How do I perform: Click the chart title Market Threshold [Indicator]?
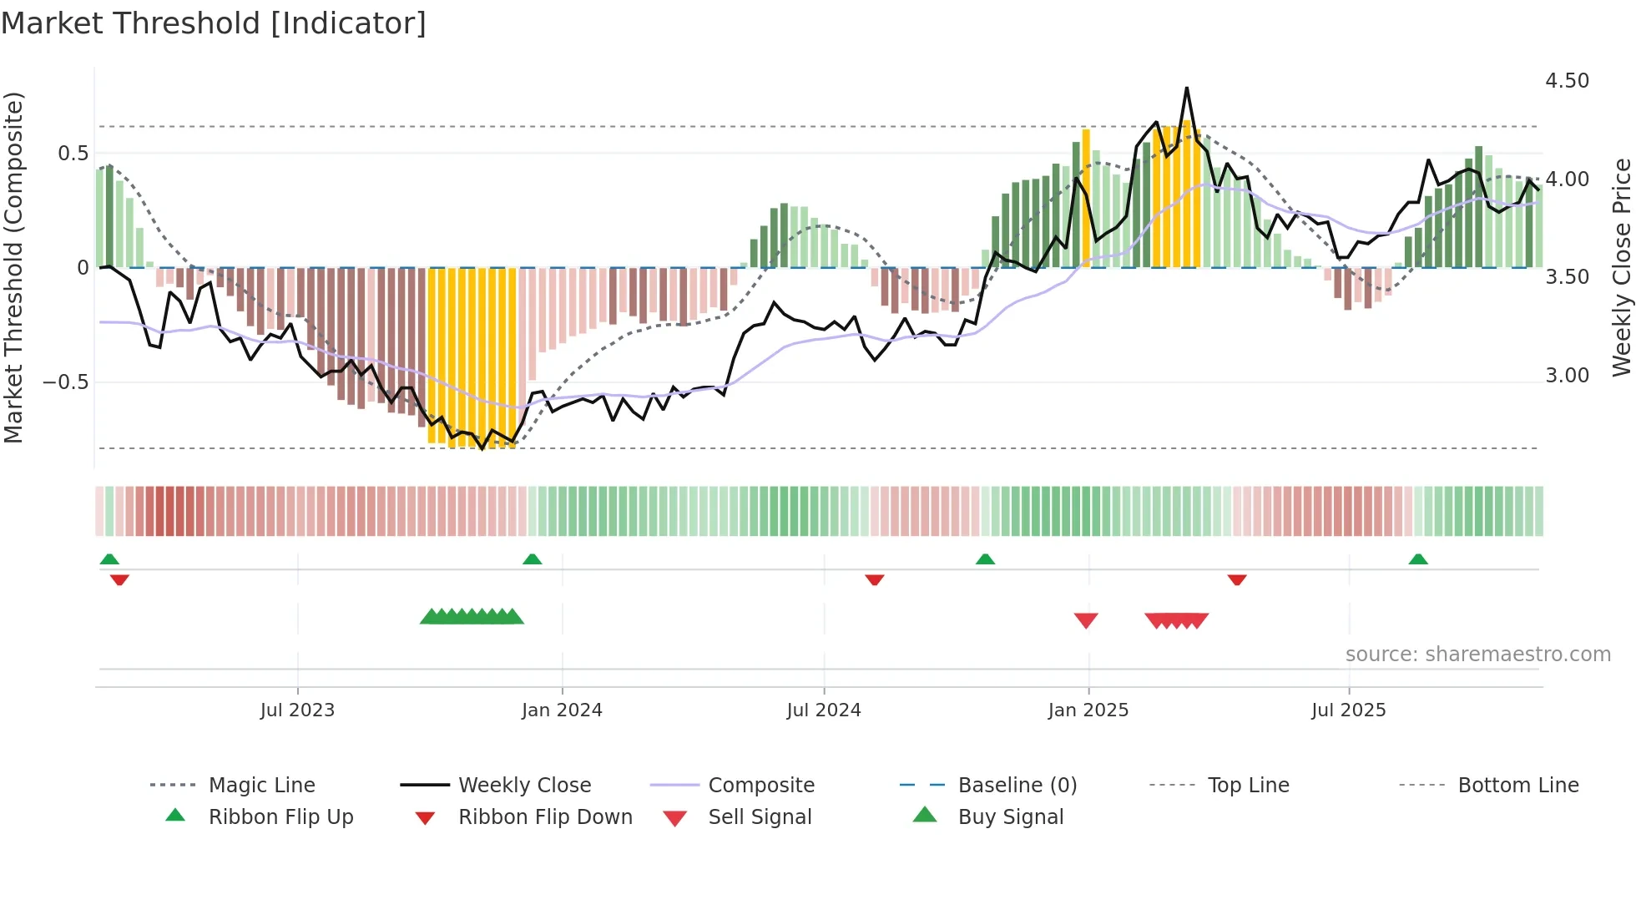coord(214,23)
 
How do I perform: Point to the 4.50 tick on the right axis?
coord(1567,81)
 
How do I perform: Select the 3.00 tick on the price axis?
coord(1567,376)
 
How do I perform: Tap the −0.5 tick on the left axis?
coord(65,382)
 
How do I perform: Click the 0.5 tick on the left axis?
coord(73,154)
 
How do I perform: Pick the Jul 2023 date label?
coord(297,710)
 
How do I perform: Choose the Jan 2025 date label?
coord(1088,710)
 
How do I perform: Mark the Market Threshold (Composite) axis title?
coord(13,267)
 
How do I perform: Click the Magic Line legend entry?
coord(261,786)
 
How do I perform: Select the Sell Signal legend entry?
coord(760,817)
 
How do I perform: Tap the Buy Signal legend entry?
coord(1010,817)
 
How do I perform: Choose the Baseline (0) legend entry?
coord(1017,786)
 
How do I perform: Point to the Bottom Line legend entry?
coord(1517,786)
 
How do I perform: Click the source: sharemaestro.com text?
coord(1477,655)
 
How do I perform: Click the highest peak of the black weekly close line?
coord(1186,88)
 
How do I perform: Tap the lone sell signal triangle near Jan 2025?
coord(1086,620)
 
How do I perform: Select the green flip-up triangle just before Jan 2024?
coord(533,559)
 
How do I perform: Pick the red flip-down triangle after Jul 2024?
coord(875,579)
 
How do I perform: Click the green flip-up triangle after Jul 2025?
coord(1418,559)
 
